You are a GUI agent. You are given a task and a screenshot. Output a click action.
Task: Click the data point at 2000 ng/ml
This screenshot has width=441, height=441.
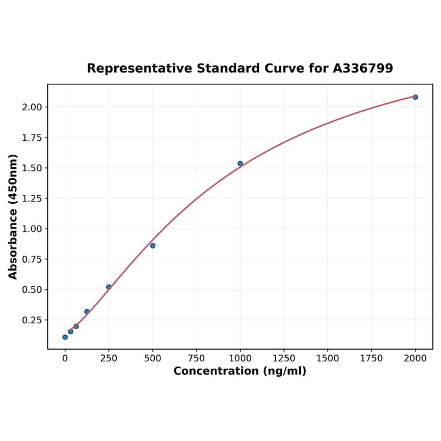pyautogui.click(x=415, y=97)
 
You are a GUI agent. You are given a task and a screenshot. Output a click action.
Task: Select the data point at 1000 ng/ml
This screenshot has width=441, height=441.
pyautogui.click(x=240, y=163)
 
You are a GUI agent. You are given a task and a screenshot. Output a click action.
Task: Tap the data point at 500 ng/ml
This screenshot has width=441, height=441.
pyautogui.click(x=152, y=245)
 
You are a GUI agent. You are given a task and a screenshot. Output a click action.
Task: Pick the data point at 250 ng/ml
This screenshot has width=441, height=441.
pyautogui.click(x=109, y=287)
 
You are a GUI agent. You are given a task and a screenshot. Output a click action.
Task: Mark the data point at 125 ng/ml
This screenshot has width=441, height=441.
pyautogui.click(x=87, y=312)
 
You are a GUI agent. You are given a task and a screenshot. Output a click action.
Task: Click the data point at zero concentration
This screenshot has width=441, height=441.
pyautogui.click(x=65, y=337)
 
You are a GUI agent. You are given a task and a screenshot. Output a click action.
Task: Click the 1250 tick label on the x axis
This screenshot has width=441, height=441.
pyautogui.click(x=284, y=358)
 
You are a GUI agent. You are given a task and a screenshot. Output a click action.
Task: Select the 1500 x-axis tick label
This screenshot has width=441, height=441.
pyautogui.click(x=328, y=358)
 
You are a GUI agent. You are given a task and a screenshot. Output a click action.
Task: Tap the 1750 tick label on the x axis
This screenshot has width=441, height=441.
pyautogui.click(x=372, y=358)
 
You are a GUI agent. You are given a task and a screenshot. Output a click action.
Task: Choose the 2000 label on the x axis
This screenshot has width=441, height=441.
pyautogui.click(x=415, y=358)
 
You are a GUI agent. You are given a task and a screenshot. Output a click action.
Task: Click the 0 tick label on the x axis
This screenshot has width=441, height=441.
pyautogui.click(x=65, y=358)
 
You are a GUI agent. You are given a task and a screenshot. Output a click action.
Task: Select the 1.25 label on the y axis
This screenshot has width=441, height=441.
pyautogui.click(x=32, y=199)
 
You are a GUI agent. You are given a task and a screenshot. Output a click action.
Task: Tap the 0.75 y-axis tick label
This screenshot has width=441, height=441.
pyautogui.click(x=32, y=259)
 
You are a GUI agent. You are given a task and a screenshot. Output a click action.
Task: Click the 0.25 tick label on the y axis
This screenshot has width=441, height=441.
pyautogui.click(x=32, y=320)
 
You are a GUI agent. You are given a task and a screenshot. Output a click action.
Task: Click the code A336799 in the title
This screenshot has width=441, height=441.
pyautogui.click(x=363, y=69)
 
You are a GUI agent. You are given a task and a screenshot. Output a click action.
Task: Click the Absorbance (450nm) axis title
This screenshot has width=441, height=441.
pyautogui.click(x=13, y=216)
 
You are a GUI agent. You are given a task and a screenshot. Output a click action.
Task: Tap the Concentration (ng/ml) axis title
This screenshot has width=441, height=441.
pyautogui.click(x=240, y=371)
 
